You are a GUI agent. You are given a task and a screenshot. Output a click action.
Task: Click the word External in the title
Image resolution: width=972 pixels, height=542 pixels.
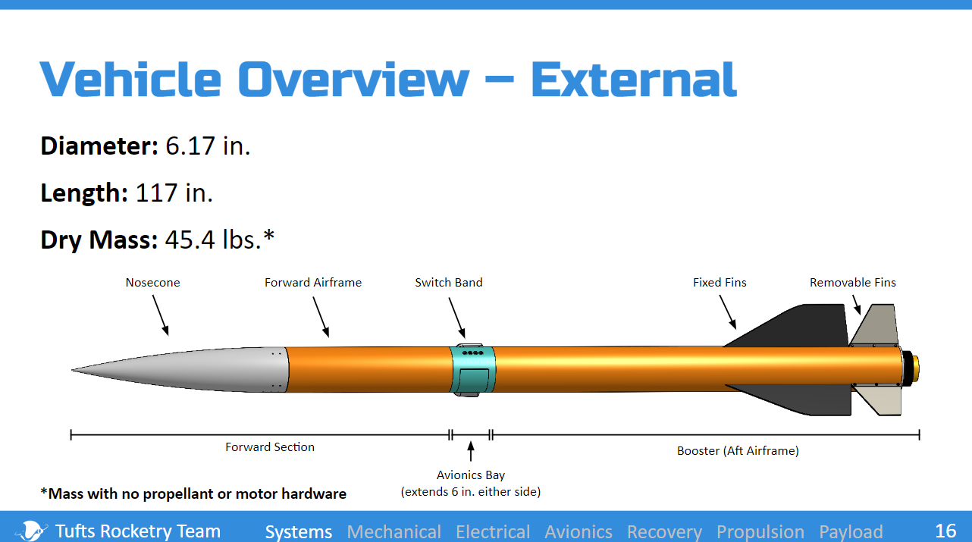pyautogui.click(x=634, y=80)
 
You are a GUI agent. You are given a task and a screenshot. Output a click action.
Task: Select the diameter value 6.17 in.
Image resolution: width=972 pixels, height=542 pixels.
pyautogui.click(x=208, y=146)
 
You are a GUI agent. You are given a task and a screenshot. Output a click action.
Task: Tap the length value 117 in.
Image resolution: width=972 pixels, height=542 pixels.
pyautogui.click(x=174, y=193)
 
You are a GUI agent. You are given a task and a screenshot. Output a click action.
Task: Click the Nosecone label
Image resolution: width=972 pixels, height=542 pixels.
pyautogui.click(x=152, y=283)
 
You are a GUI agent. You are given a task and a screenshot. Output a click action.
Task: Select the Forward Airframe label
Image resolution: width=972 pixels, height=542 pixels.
pyautogui.click(x=313, y=283)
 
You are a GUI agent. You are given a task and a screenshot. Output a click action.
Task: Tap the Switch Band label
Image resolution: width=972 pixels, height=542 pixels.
pyautogui.click(x=449, y=283)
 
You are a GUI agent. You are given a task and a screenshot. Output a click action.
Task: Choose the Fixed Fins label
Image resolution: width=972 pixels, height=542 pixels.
pyautogui.click(x=720, y=283)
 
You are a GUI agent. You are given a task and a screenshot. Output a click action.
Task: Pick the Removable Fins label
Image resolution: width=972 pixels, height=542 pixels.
pyautogui.click(x=853, y=283)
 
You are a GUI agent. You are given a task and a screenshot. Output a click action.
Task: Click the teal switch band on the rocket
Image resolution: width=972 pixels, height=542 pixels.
pyautogui.click(x=473, y=370)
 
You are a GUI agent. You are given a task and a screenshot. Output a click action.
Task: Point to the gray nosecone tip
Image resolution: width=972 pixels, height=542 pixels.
pyautogui.click(x=72, y=370)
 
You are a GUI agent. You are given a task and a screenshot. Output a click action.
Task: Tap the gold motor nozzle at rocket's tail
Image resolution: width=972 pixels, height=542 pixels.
pyautogui.click(x=916, y=369)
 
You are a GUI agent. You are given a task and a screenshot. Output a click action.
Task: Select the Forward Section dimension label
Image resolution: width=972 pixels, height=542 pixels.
pyautogui.click(x=270, y=447)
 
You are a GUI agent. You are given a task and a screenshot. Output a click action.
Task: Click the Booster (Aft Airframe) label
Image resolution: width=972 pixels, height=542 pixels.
pyautogui.click(x=738, y=451)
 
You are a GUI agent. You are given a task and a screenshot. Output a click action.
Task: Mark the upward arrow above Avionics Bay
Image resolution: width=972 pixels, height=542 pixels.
pyautogui.click(x=471, y=451)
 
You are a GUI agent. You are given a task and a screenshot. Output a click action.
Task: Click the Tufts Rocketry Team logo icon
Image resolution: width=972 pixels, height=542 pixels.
pyautogui.click(x=30, y=531)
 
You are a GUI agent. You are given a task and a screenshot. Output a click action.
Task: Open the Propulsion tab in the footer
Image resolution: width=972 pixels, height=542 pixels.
pyautogui.click(x=760, y=531)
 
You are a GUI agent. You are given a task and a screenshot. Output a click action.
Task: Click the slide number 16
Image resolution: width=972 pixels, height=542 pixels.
pyautogui.click(x=945, y=531)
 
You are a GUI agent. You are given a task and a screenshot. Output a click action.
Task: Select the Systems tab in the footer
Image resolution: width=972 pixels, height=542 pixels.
pyautogui.click(x=299, y=531)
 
